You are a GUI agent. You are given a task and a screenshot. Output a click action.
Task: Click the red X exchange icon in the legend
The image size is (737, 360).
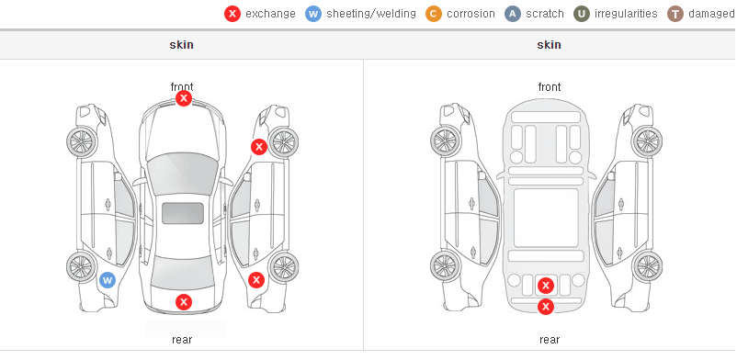pyautogui.click(x=232, y=14)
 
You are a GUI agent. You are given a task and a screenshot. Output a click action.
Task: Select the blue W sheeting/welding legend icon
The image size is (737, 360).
pyautogui.click(x=313, y=14)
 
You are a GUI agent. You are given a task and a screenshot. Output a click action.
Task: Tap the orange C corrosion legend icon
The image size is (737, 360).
pyautogui.click(x=434, y=14)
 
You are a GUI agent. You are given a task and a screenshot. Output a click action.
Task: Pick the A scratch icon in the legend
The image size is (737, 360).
pyautogui.click(x=513, y=14)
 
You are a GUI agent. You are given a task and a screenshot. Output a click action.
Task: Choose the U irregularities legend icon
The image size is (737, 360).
pyautogui.click(x=582, y=14)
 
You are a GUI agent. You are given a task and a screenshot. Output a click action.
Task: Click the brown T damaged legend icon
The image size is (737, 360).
pyautogui.click(x=675, y=14)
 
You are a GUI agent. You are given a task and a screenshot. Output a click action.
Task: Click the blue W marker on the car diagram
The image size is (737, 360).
pyautogui.click(x=108, y=281)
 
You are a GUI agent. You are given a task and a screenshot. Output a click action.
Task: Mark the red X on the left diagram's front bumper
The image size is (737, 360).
pyautogui.click(x=184, y=98)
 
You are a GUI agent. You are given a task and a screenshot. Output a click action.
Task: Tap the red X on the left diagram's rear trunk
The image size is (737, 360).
pyautogui.click(x=184, y=302)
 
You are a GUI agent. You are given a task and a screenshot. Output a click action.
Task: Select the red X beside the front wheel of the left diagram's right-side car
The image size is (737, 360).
pyautogui.click(x=259, y=147)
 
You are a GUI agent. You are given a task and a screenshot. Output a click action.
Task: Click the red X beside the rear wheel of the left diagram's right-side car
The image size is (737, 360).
pyautogui.click(x=256, y=281)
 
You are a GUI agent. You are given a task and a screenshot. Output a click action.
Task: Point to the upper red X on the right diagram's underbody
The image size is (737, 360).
pyautogui.click(x=546, y=286)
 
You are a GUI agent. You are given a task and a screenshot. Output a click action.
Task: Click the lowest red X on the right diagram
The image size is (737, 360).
pyautogui.click(x=546, y=307)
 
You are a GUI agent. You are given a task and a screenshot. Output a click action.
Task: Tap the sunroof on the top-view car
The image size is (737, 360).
pyautogui.click(x=183, y=213)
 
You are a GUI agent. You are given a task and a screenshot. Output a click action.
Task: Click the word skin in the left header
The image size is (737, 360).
pyautogui.click(x=181, y=45)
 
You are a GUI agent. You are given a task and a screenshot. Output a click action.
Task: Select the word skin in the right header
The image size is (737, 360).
pyautogui.click(x=549, y=45)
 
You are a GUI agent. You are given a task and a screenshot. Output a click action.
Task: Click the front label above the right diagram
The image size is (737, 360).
pyautogui.click(x=550, y=87)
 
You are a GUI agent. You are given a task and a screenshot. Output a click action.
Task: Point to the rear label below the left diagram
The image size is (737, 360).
pyautogui.click(x=182, y=340)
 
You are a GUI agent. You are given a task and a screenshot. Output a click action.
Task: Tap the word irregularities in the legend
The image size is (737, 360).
pyautogui.click(x=626, y=14)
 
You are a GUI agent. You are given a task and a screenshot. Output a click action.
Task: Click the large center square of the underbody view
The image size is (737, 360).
pyautogui.click(x=546, y=218)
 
